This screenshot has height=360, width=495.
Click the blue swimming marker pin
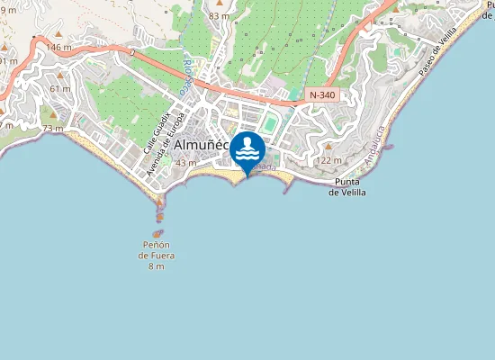[247, 150]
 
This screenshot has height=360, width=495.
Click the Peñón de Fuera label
[157, 250]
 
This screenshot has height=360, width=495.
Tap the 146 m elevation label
[58, 48]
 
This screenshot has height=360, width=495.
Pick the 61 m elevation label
[60, 88]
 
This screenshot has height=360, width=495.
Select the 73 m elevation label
[52, 129]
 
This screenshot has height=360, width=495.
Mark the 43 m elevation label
[186, 163]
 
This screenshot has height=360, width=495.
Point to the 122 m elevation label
[330, 160]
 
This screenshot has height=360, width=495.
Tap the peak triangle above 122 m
[328, 147]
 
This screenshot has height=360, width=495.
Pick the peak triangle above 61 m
[60, 76]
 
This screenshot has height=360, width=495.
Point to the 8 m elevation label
[157, 267]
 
